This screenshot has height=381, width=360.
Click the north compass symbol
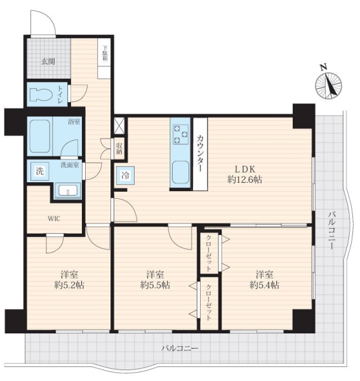tap(328, 84)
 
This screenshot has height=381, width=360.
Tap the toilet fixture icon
tap(41, 94)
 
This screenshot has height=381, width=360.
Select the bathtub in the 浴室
tap(40, 136)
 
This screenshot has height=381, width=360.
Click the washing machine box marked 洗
tap(40, 171)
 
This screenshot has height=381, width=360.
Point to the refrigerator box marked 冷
tap(125, 176)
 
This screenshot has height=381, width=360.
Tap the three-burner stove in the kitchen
tap(180, 134)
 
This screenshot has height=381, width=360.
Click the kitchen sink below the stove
tap(180, 173)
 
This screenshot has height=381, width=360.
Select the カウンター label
tap(200, 154)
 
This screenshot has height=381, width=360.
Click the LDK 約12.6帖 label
tap(244, 174)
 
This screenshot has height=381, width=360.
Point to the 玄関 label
tap(48, 62)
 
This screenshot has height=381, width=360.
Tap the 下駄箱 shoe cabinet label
tap(105, 53)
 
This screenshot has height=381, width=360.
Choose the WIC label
tap(54, 218)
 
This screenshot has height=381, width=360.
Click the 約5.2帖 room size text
tap(69, 285)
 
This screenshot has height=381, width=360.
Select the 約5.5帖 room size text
tap(155, 285)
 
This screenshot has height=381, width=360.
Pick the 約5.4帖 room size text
tap(264, 284)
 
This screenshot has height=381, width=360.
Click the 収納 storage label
tap(119, 149)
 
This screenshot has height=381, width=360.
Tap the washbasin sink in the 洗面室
tap(68, 190)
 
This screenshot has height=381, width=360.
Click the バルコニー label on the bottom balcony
tap(180, 349)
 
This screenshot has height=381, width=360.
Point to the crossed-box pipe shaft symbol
tap(119, 125)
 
